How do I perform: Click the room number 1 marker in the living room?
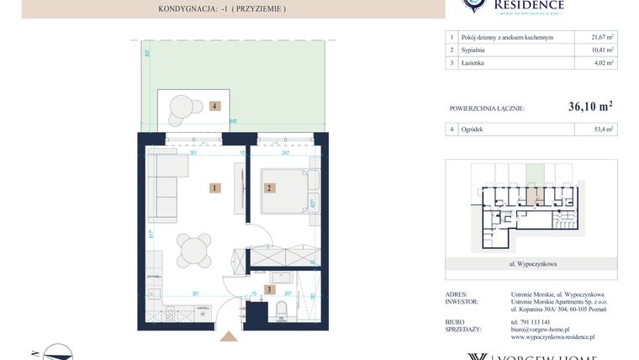(215, 188)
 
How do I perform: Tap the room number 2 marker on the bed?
(270, 188)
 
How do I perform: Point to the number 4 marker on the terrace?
(215, 107)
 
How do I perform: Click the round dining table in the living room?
(195, 250)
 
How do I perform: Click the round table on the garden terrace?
(182, 107)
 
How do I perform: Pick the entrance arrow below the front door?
(228, 337)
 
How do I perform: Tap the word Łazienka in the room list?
(475, 62)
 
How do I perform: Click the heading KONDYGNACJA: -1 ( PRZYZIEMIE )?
(222, 8)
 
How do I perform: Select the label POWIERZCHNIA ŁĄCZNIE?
(488, 109)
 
